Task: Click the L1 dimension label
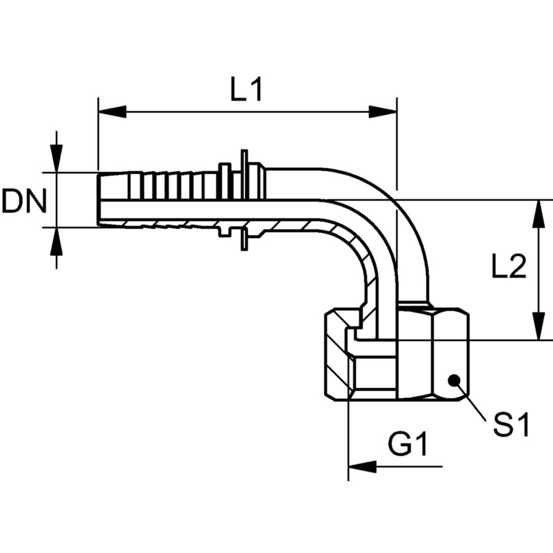[246, 91]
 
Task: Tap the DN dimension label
[24, 201]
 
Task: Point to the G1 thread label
[408, 444]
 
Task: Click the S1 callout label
[511, 425]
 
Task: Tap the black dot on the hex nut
[454, 379]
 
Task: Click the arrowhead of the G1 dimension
[363, 466]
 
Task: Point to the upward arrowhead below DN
[57, 240]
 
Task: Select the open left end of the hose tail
[99, 199]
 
